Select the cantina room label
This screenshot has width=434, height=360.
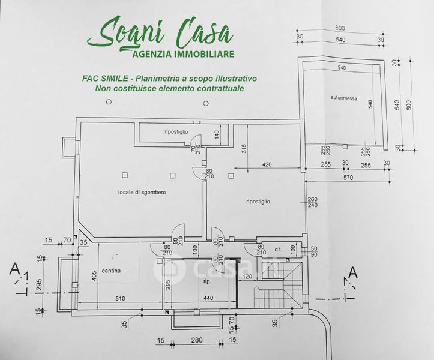111,271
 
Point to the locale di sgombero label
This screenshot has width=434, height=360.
142,192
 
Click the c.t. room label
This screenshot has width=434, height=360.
278,249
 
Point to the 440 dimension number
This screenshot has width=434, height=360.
208,298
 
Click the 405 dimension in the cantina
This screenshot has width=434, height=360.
93,275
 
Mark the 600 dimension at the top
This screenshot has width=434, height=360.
340,28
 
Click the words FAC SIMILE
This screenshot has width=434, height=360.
106,79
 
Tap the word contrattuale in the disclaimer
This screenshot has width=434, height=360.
220,89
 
